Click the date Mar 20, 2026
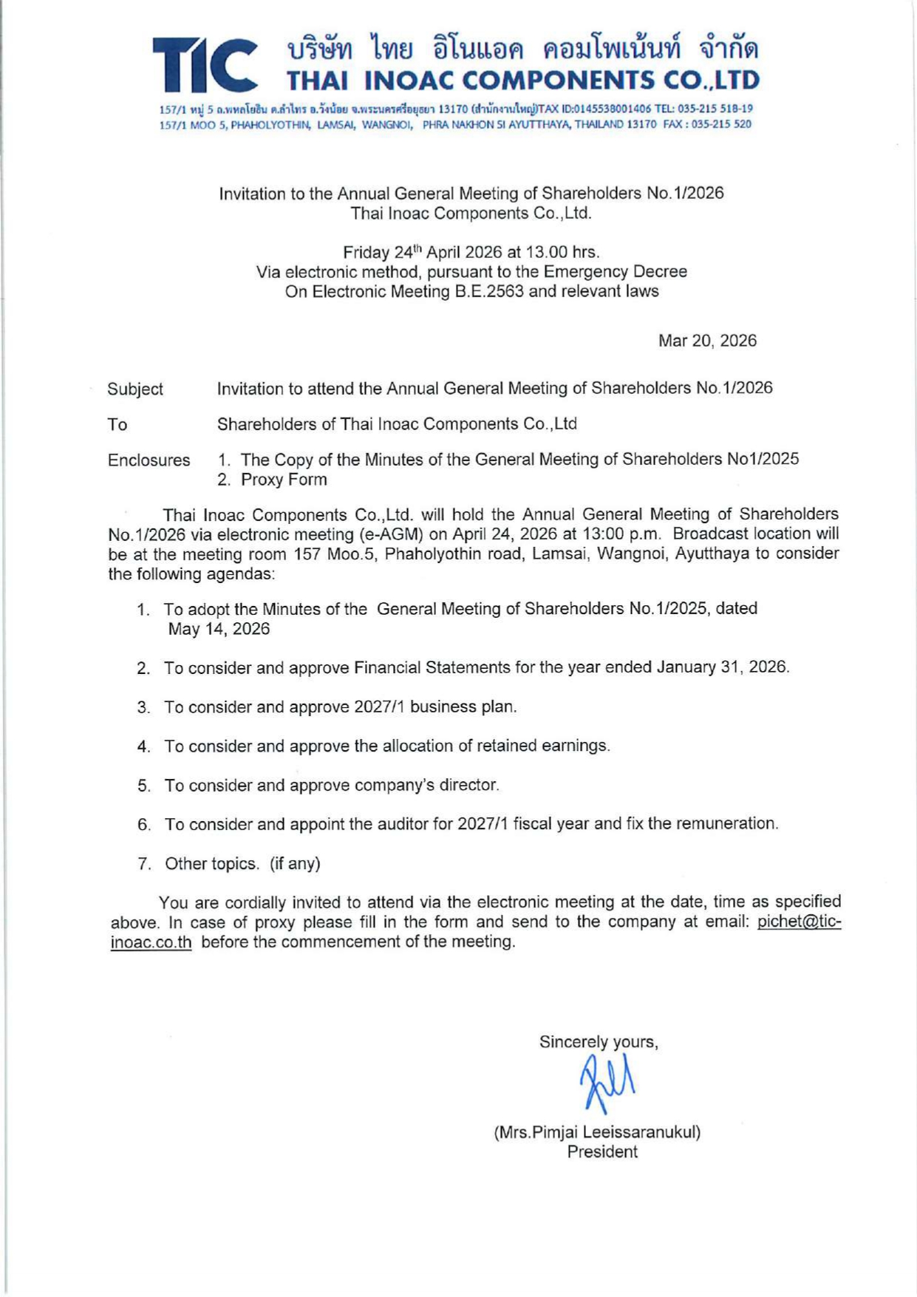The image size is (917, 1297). pyautogui.click(x=707, y=341)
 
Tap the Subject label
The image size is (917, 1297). pyautogui.click(x=135, y=389)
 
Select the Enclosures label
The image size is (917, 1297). pyautogui.click(x=149, y=460)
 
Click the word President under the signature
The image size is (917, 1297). pyautogui.click(x=601, y=1151)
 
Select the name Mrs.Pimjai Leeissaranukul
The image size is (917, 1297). pyautogui.click(x=597, y=1131)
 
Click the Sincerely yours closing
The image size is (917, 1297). pyautogui.click(x=598, y=1042)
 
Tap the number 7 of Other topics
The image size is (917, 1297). pyautogui.click(x=143, y=864)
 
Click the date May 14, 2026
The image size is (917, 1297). pyautogui.click(x=219, y=629)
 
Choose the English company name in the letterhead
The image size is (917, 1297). pyautogui.click(x=522, y=80)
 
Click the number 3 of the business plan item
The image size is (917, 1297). pyautogui.click(x=143, y=707)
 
